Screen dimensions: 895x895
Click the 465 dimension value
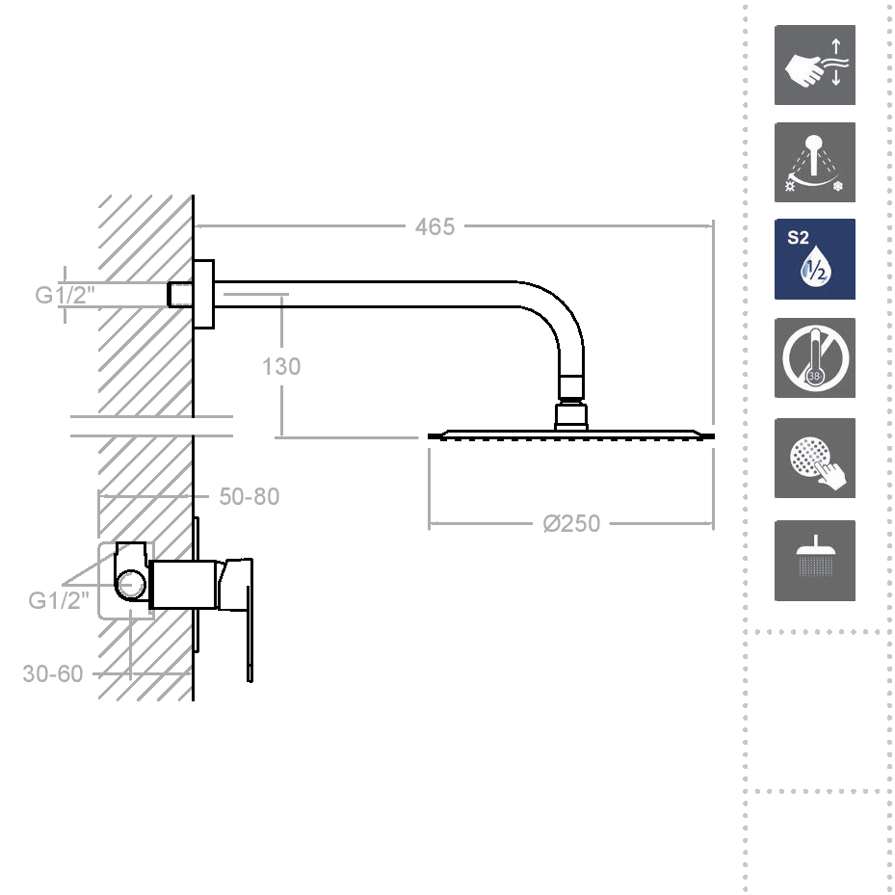coord(434,227)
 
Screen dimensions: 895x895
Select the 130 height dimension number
coord(281,367)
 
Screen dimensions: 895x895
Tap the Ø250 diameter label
coord(571,523)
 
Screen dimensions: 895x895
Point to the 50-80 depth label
coord(250,497)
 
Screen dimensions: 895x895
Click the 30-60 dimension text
coord(53,673)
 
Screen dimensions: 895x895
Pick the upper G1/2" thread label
coord(66,295)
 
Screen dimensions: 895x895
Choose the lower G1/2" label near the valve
coord(58,601)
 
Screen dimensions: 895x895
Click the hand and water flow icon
coord(814,66)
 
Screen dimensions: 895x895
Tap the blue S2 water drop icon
coord(814,259)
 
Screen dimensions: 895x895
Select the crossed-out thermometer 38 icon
coord(814,357)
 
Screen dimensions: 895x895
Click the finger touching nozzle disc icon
coord(814,459)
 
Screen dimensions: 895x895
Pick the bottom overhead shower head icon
coord(814,561)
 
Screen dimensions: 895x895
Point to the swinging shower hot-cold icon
coord(814,163)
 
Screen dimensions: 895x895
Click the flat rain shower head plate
coord(571,435)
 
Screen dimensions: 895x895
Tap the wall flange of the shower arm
coord(203,294)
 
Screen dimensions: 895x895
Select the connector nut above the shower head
coord(570,415)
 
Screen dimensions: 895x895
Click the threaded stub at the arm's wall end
coord(178,294)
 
